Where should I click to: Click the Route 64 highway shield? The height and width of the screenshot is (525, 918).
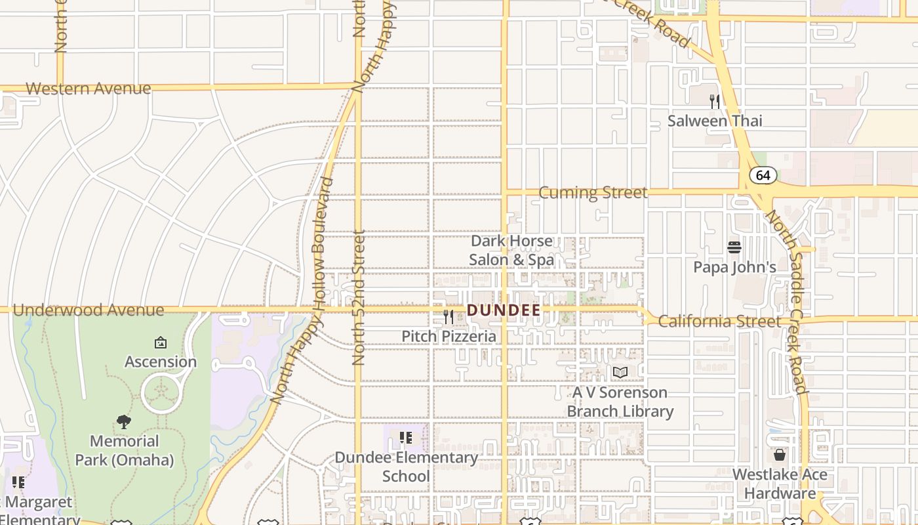[763, 175]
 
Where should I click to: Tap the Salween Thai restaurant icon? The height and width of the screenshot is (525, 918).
[715, 102]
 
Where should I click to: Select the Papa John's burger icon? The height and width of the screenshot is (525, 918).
[734, 247]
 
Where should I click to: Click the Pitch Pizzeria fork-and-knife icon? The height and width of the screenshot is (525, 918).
[449, 317]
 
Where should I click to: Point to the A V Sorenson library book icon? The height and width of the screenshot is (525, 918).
[620, 373]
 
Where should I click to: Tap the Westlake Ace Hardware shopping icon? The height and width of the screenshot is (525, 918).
[780, 454]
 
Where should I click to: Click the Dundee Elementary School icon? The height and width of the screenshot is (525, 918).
[406, 437]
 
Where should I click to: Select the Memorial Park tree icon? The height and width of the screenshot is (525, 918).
[124, 421]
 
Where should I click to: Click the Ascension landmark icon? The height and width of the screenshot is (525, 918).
[161, 342]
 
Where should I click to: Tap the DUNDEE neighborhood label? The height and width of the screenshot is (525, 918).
[504, 310]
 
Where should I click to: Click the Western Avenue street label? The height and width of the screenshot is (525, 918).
[88, 89]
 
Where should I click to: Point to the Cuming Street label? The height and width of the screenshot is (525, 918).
[593, 192]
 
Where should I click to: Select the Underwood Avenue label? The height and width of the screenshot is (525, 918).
[88, 310]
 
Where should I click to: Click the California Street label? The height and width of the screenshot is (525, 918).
[719, 322]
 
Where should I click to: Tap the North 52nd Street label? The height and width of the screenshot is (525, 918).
[359, 297]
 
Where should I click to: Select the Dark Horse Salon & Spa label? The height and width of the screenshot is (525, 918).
[511, 251]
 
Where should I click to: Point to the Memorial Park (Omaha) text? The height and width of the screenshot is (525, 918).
[124, 450]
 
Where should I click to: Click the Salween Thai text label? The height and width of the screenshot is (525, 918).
[715, 121]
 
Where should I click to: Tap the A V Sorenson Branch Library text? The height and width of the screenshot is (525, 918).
[620, 402]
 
